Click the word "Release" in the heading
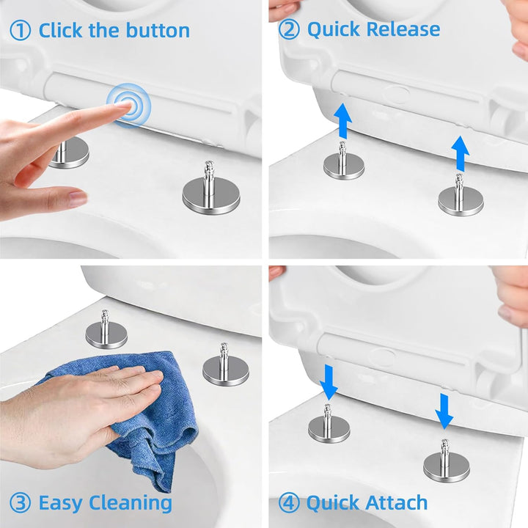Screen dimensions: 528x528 pyautogui.click(x=404, y=29)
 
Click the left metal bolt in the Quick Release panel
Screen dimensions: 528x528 pyautogui.click(x=343, y=164)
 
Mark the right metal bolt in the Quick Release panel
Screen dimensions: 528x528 pyautogui.click(x=461, y=198)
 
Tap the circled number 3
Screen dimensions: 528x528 pyautogui.click(x=20, y=503)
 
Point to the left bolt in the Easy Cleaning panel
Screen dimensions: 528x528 pyautogui.click(x=106, y=330)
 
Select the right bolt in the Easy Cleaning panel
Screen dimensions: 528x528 pyautogui.click(x=225, y=364)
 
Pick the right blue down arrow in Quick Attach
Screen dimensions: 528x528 pyautogui.click(x=444, y=411)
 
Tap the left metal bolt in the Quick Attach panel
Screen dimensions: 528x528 pyautogui.click(x=329, y=426)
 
